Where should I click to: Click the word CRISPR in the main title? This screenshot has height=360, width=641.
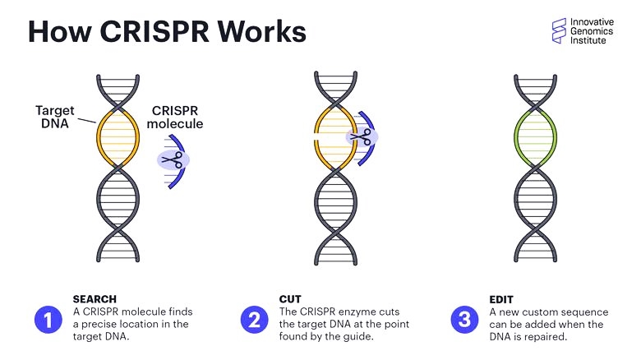point(155,31)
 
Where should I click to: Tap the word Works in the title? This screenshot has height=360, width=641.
point(261,31)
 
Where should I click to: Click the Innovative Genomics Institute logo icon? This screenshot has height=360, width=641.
point(559,30)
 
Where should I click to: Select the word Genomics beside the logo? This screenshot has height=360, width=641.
point(592,31)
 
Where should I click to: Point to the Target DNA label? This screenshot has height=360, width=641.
point(54,117)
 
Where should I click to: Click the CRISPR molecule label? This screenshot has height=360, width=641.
point(175,117)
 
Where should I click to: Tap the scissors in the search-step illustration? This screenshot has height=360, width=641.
point(173,159)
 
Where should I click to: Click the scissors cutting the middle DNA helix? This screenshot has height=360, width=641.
point(361,136)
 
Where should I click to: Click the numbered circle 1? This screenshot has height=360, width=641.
point(48,320)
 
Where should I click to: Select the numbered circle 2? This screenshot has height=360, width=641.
point(254,320)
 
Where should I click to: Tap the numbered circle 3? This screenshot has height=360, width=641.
point(464,320)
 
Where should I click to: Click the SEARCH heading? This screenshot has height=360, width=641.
point(95,299)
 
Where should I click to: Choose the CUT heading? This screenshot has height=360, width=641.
point(290,299)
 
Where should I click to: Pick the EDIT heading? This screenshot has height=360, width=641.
point(501,299)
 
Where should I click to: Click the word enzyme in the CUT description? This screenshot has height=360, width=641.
point(357,312)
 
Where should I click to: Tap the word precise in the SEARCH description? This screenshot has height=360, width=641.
point(99,325)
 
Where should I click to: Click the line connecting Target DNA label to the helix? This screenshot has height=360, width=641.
point(86,121)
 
